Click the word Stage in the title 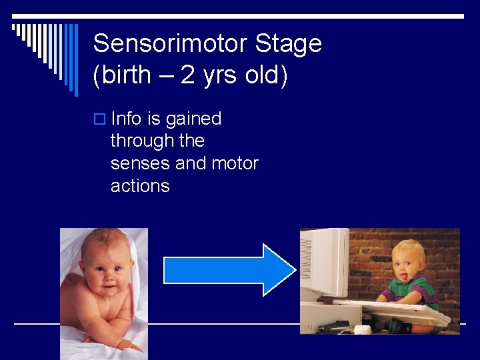tap(289, 44)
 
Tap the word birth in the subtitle tap(126, 75)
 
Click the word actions tap(140, 186)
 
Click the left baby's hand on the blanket tap(127, 345)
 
